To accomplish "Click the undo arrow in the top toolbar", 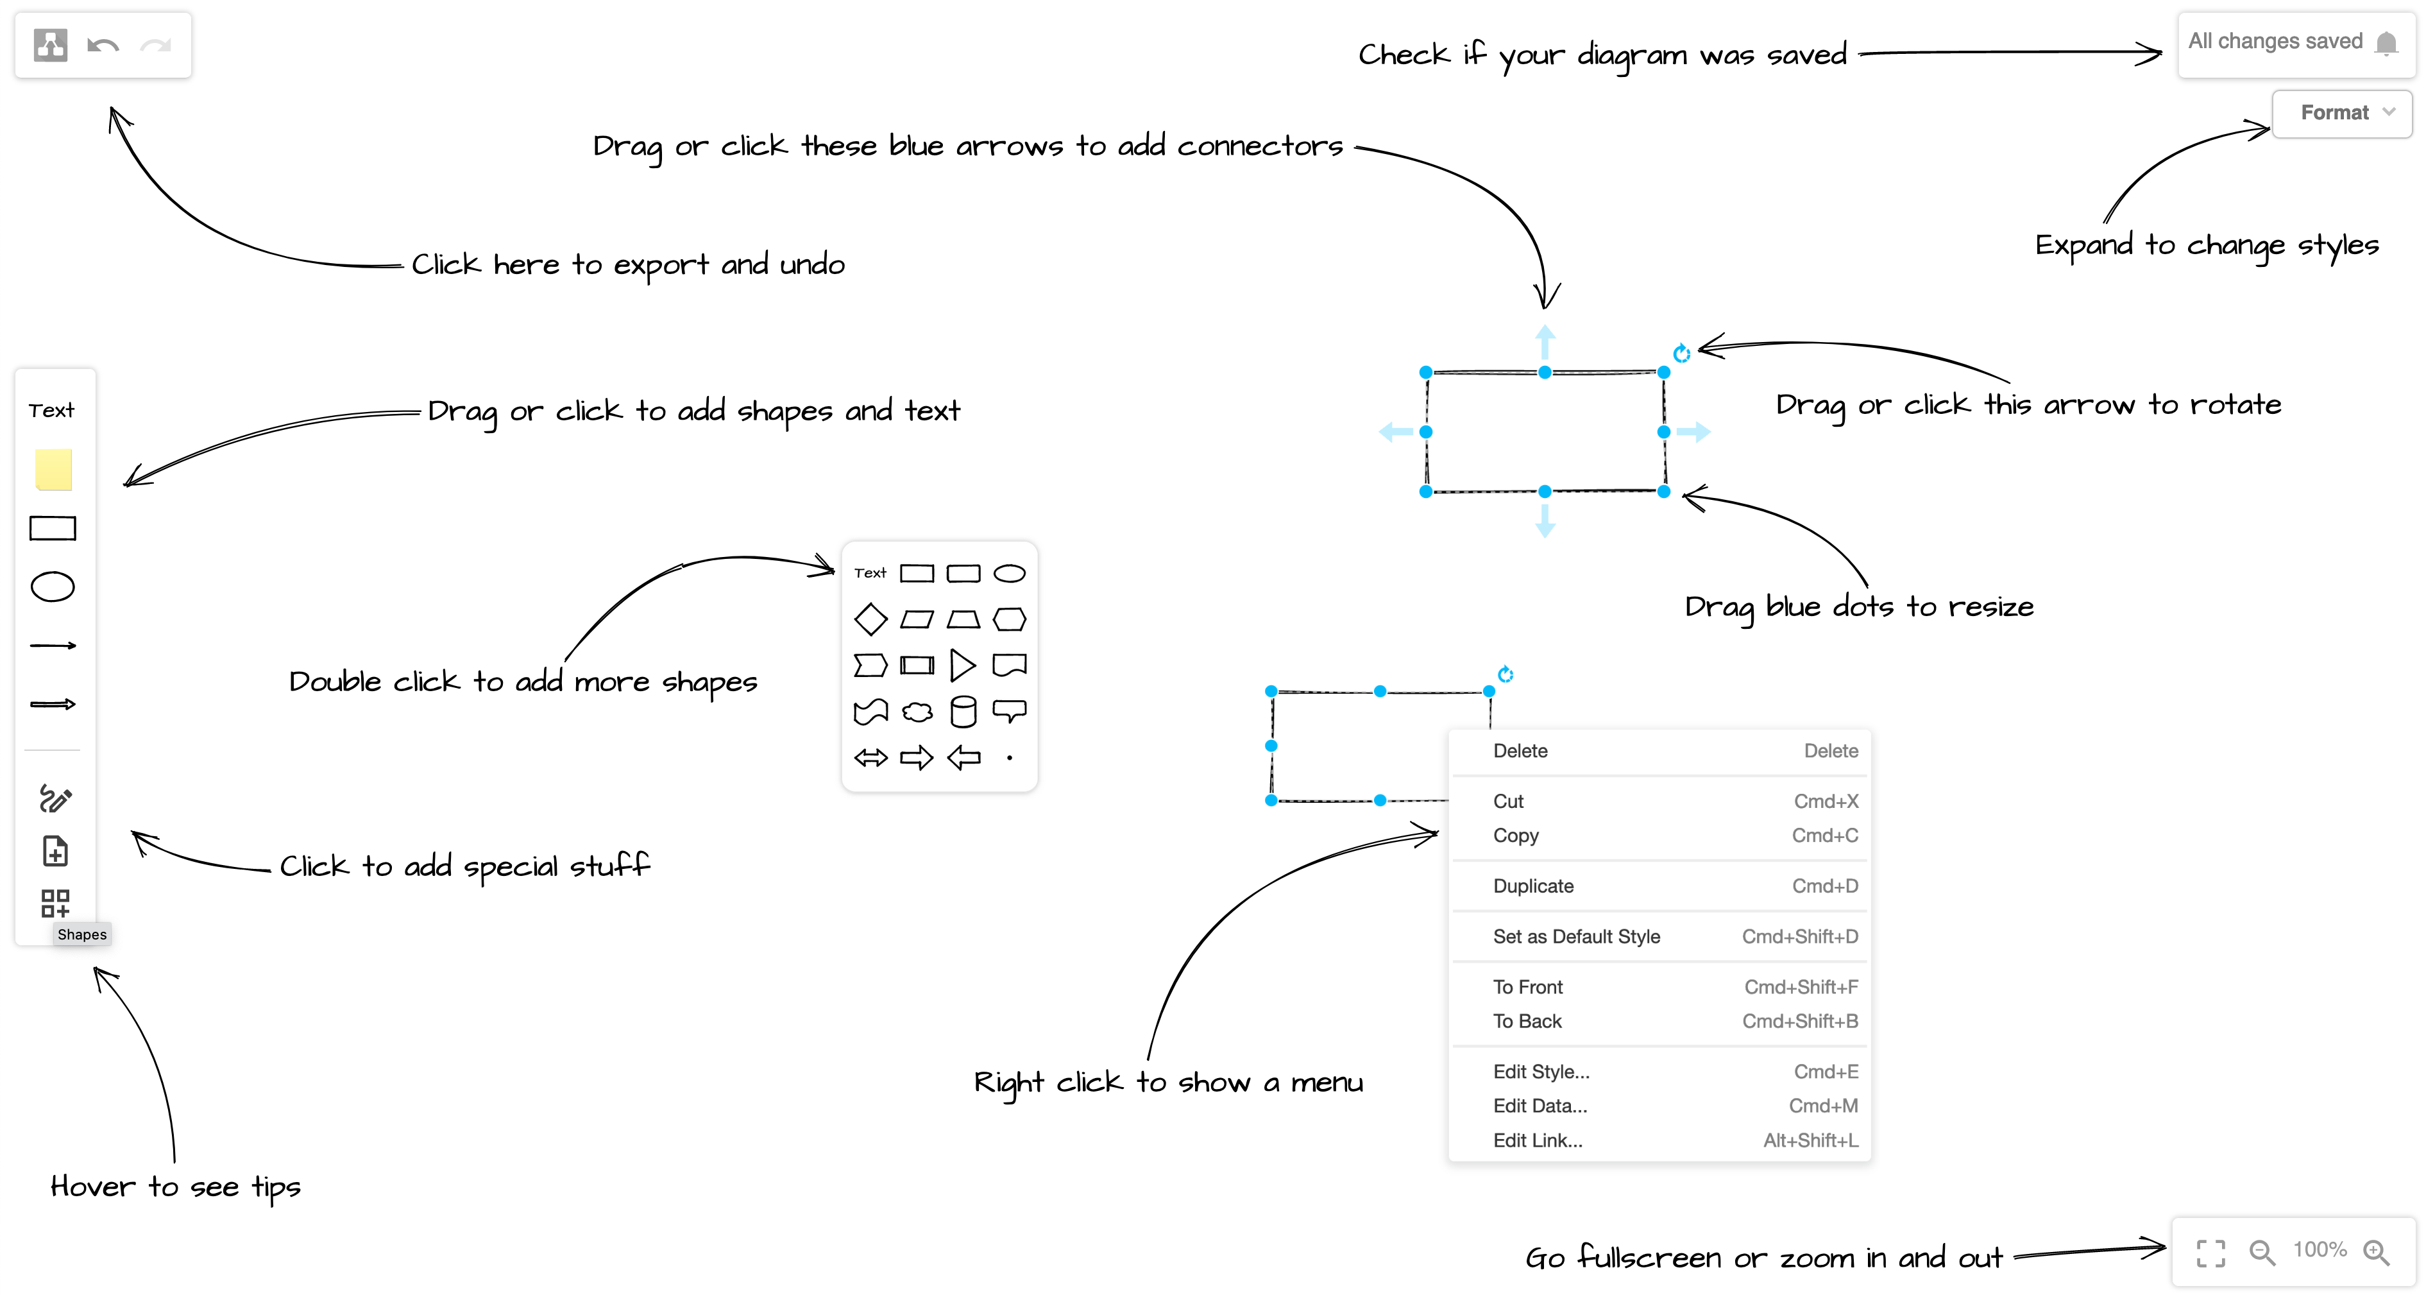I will (103, 45).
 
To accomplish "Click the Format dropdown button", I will (2342, 113).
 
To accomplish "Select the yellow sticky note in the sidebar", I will (54, 469).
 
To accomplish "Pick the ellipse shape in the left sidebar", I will (53, 587).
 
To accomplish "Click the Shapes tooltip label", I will (82, 934).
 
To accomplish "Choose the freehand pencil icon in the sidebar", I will (55, 799).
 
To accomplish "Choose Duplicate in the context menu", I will (1532, 886).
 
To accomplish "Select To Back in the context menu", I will (1527, 1021).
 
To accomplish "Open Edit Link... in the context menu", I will (1537, 1140).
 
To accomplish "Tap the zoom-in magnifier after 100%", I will (2376, 1253).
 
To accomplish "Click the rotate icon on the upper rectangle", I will (1681, 353).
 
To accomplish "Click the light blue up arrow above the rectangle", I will (1545, 339).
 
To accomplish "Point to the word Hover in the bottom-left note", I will (92, 1186).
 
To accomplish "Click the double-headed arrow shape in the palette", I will (870, 757).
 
